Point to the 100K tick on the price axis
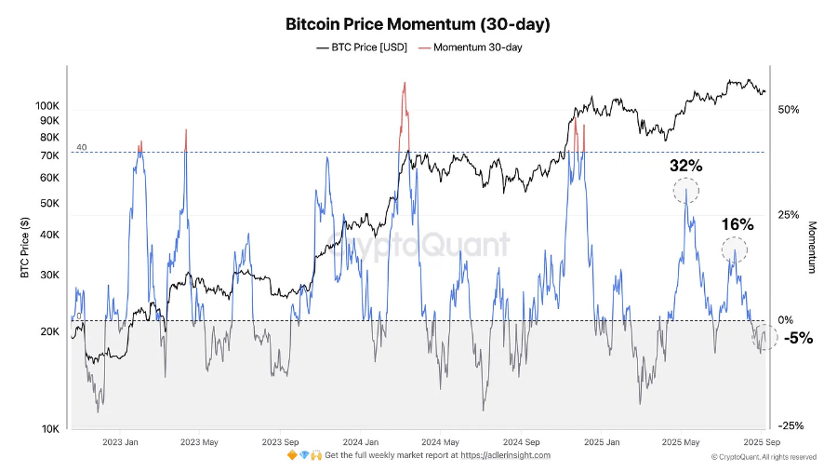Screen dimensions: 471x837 pos(47,106)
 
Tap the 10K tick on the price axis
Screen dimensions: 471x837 pos(50,429)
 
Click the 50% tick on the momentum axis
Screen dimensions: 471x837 pos(790,110)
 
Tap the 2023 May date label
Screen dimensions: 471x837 pos(199,442)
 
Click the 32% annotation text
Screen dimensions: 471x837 pos(686,166)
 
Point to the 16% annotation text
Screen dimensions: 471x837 pos(737,224)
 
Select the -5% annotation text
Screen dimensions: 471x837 pos(797,339)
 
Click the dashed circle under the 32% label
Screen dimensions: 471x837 pos(686,191)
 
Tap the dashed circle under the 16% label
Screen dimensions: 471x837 pos(735,249)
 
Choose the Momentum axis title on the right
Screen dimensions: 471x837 pos(811,247)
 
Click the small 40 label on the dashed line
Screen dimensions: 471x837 pos(81,147)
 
